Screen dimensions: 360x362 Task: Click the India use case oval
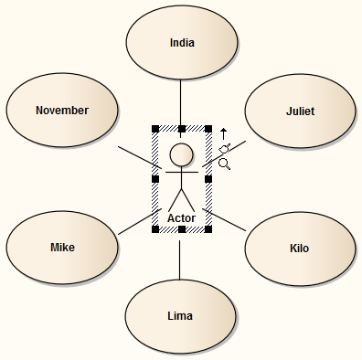(182, 42)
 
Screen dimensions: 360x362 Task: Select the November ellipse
(62, 111)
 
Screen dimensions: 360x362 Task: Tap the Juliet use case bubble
(299, 111)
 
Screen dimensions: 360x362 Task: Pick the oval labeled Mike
(62, 248)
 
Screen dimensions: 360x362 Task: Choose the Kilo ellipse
(299, 248)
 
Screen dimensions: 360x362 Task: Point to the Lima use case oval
(180, 315)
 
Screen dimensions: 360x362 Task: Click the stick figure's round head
(182, 153)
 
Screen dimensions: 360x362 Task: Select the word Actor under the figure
(182, 217)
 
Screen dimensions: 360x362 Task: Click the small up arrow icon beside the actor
(224, 132)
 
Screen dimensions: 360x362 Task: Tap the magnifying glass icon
(224, 164)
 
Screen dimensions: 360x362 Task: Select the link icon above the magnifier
(225, 148)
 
